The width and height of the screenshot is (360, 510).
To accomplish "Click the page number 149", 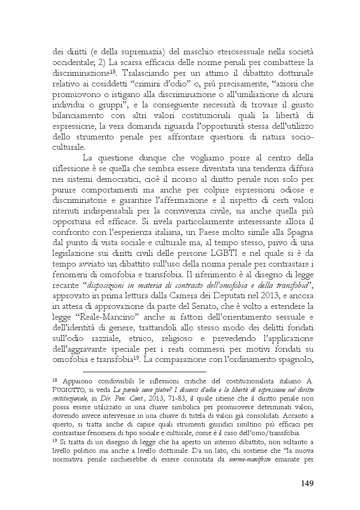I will coord(304,483).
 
